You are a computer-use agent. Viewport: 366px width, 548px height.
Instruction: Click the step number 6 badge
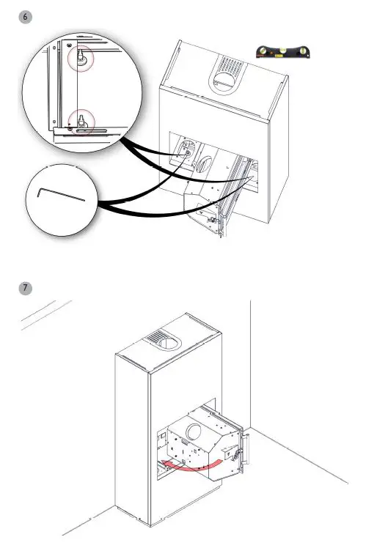click(26, 16)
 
